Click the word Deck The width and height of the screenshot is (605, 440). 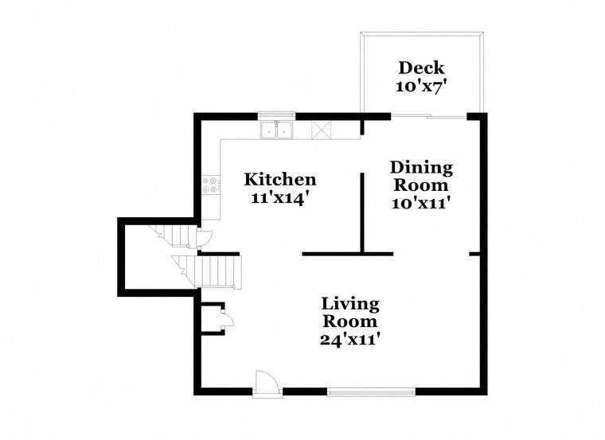(x=421, y=68)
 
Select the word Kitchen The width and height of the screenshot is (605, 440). (x=279, y=179)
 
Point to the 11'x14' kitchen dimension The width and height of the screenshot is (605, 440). (x=279, y=197)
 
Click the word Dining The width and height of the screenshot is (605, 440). (x=421, y=168)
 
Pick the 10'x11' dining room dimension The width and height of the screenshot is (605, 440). (x=421, y=204)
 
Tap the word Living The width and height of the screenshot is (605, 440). (x=350, y=304)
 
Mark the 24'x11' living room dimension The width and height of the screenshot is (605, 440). (x=350, y=340)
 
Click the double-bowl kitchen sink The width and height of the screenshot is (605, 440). (x=276, y=129)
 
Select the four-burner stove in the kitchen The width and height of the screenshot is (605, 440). (x=211, y=185)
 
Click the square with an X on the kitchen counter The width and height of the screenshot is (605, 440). (x=322, y=130)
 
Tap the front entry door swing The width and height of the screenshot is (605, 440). (x=267, y=382)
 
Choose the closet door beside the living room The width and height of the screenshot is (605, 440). (x=227, y=321)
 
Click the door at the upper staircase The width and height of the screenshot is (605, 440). (x=205, y=237)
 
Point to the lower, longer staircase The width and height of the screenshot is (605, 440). (x=215, y=271)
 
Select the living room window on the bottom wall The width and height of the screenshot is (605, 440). (x=371, y=391)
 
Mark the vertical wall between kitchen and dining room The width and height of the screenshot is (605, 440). (x=362, y=213)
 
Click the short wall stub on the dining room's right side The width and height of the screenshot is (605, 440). (x=475, y=255)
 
